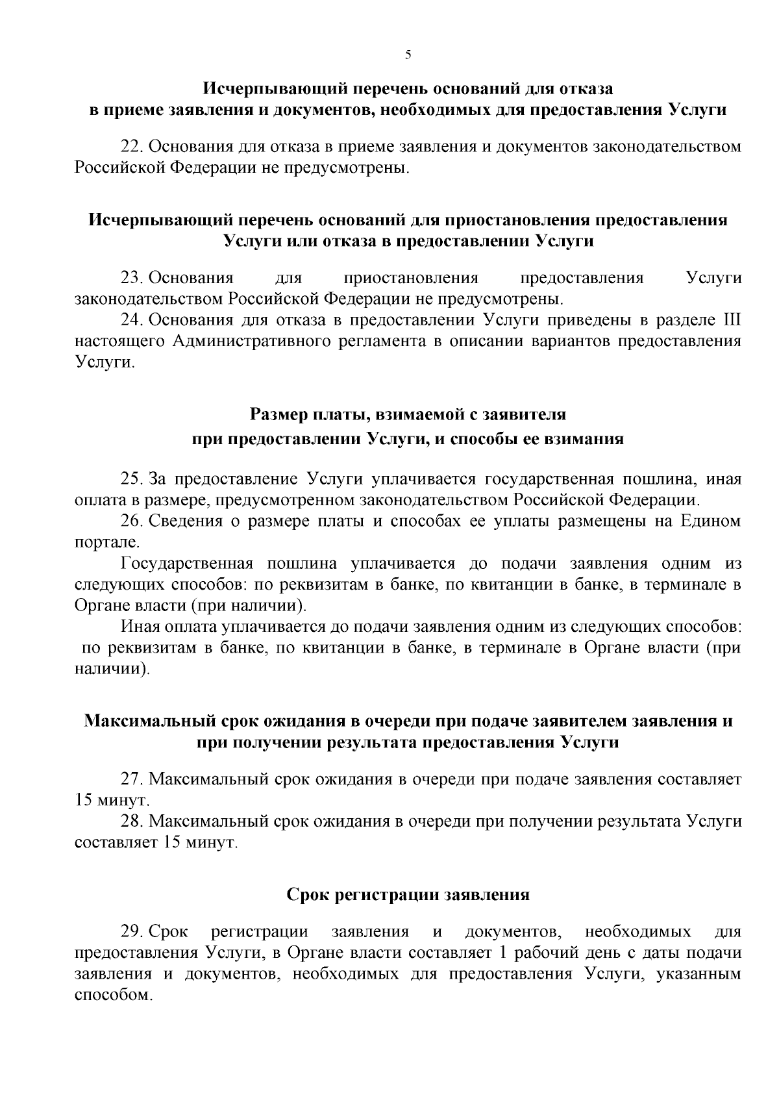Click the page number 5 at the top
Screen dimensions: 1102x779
point(408,55)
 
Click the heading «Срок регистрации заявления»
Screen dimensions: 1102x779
point(408,895)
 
